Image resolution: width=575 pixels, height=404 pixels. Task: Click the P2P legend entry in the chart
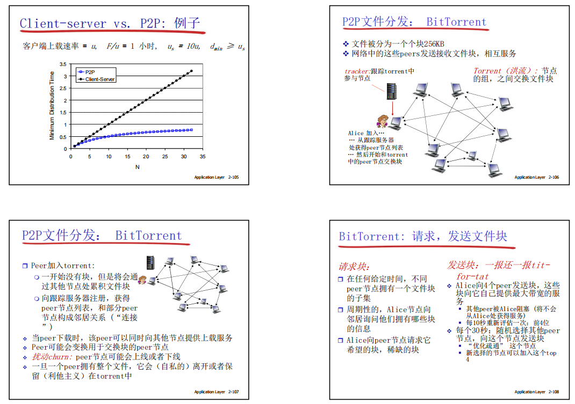point(89,71)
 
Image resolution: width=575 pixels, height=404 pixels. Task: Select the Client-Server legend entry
point(100,79)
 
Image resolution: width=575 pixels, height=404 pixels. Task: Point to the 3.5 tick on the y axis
point(63,64)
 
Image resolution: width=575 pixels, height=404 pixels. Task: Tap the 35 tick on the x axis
point(203,157)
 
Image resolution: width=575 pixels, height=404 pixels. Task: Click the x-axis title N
point(137,167)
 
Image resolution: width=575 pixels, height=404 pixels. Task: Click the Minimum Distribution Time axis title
point(52,106)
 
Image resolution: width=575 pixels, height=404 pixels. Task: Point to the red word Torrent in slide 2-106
point(488,71)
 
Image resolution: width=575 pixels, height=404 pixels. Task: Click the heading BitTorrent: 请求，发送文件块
point(422,237)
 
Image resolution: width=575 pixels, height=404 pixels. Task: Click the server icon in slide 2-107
point(151,262)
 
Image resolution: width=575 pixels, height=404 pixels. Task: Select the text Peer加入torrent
point(62,266)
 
